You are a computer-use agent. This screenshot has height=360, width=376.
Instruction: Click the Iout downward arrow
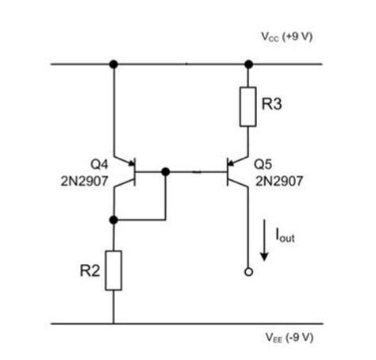[x=264, y=241]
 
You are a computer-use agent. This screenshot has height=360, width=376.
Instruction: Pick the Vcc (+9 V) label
[x=288, y=37]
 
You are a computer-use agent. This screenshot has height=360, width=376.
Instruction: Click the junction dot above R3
[x=249, y=63]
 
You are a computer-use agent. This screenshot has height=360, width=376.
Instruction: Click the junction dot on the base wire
[x=165, y=170]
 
